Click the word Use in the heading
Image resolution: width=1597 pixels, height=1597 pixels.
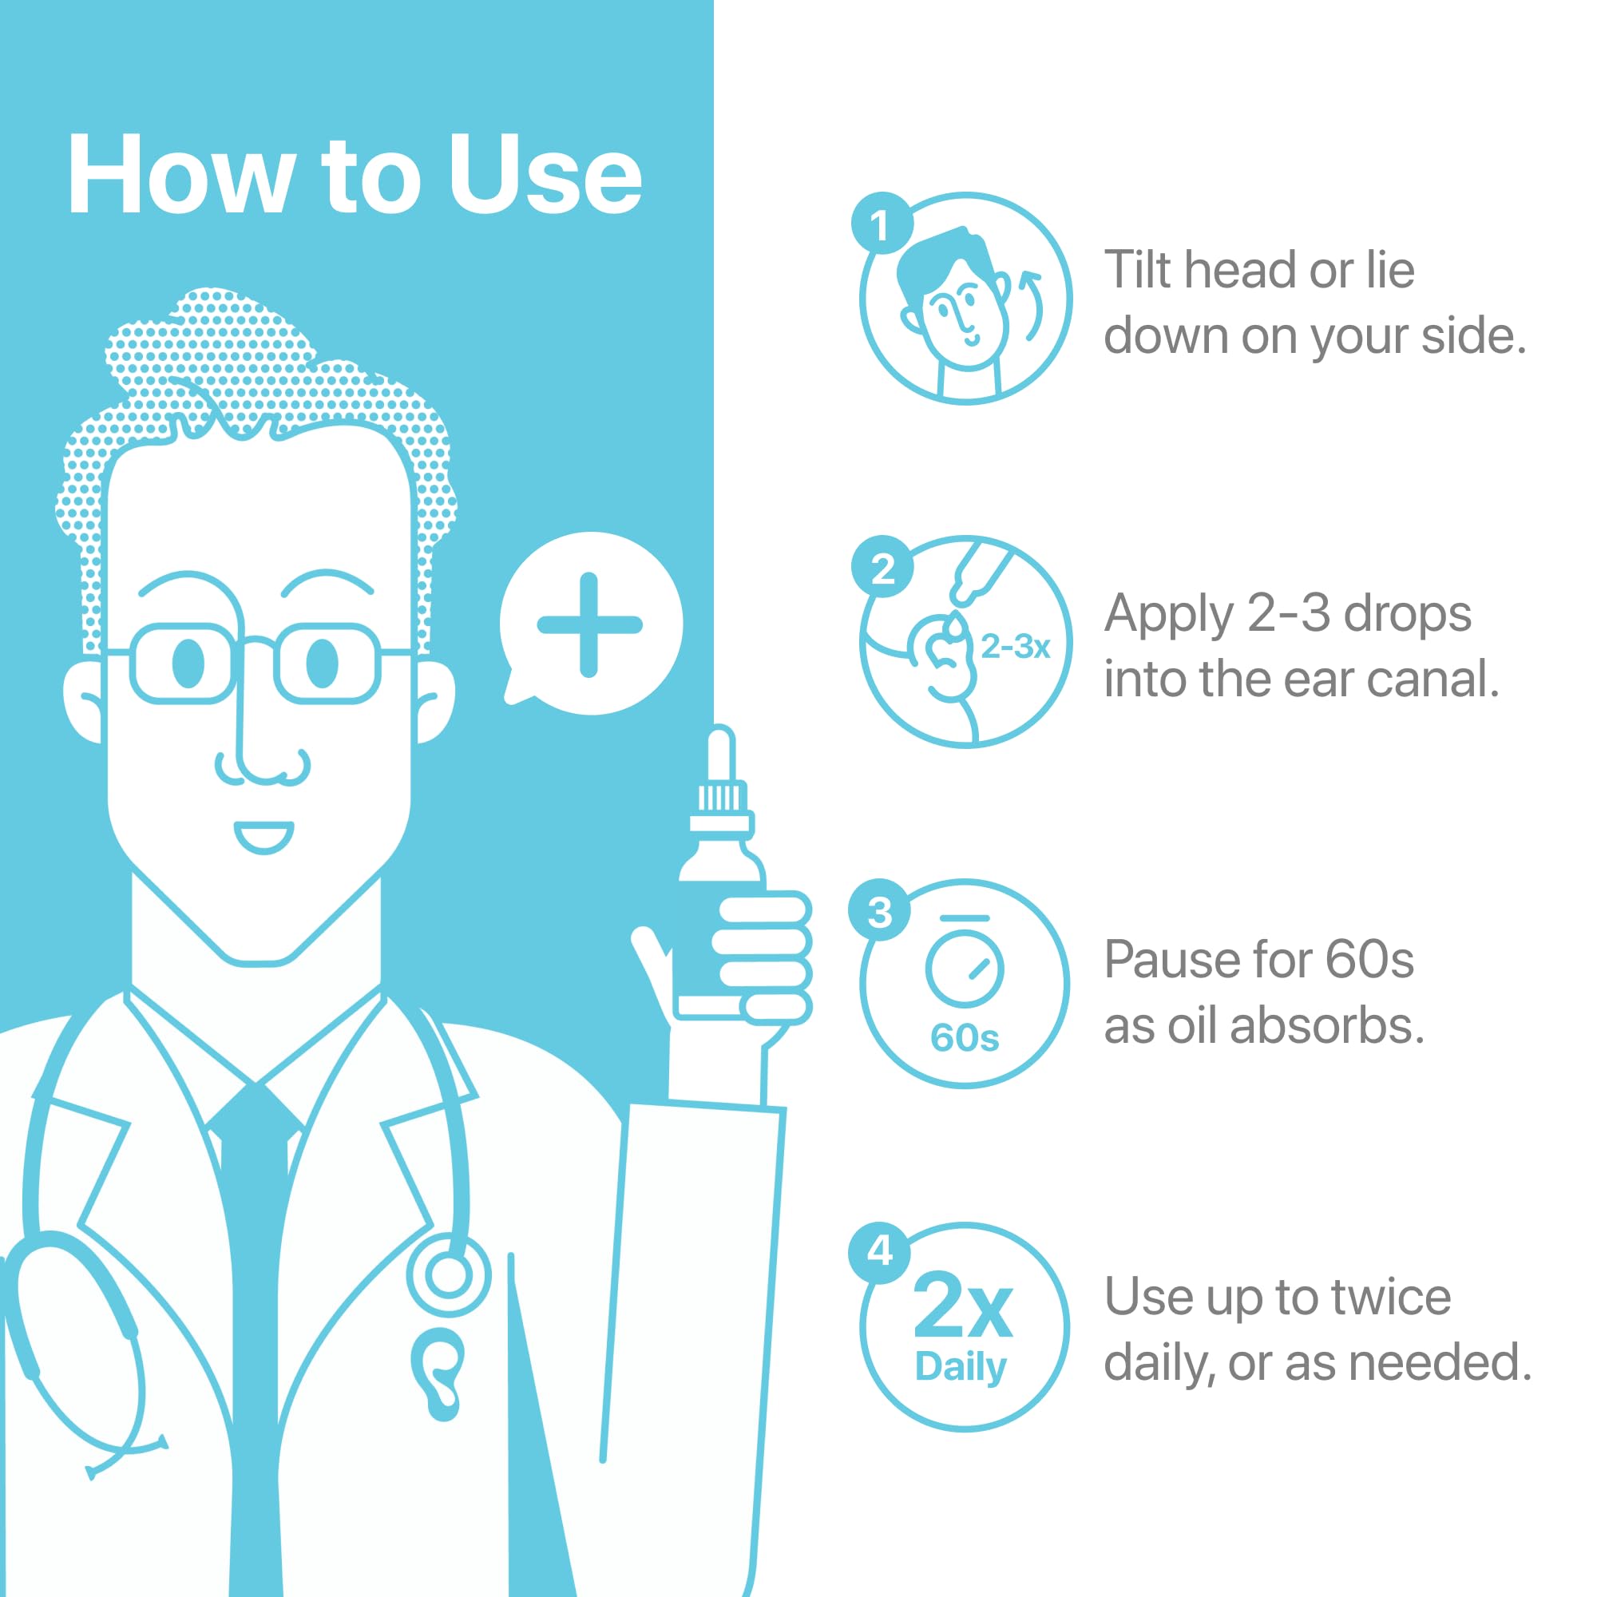click(x=545, y=175)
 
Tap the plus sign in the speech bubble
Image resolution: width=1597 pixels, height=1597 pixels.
click(x=589, y=625)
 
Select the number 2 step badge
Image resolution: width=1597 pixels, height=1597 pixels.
click(x=882, y=566)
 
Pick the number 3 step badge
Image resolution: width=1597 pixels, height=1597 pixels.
click(x=879, y=909)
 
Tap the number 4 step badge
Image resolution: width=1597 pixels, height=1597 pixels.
click(x=879, y=1251)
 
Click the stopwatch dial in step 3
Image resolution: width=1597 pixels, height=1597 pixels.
click(x=965, y=969)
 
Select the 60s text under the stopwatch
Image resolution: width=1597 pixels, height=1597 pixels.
click(x=965, y=1037)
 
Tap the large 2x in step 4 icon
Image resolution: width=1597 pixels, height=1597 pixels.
click(x=963, y=1306)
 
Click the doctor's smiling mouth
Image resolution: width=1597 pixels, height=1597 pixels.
click(x=264, y=837)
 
